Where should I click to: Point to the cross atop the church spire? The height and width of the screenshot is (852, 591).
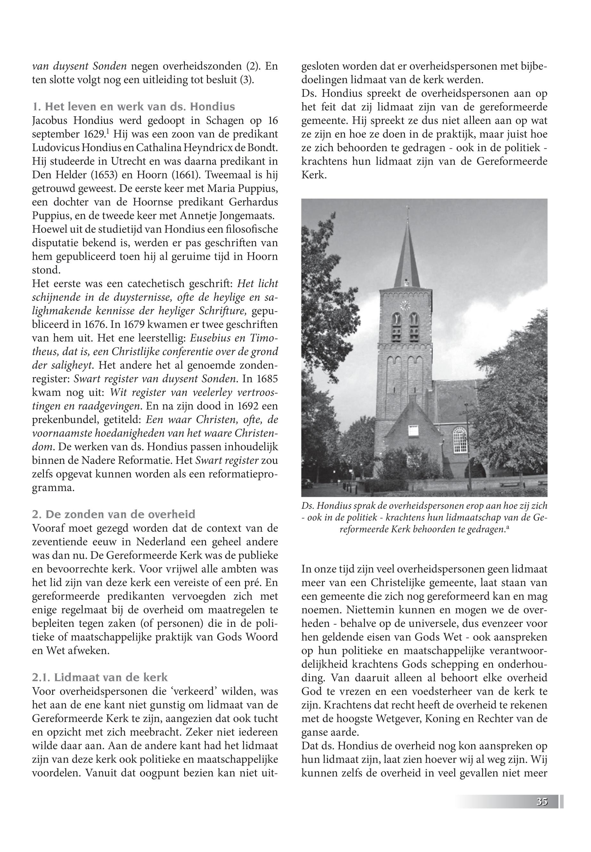(408, 212)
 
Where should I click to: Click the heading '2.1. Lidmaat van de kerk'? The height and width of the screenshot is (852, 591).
(100, 677)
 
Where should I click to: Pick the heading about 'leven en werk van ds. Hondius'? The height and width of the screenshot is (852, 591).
(134, 107)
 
